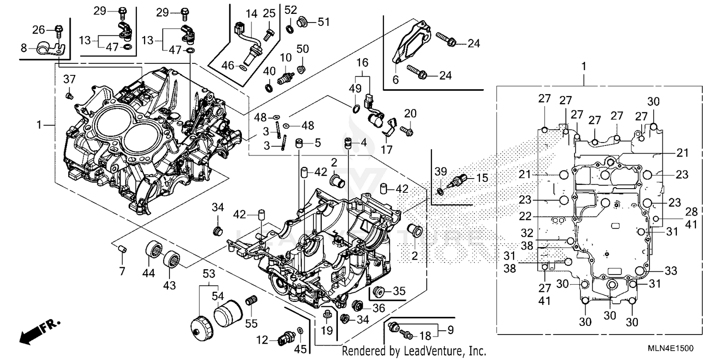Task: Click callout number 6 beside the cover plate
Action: point(396,80)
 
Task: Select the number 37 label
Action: point(70,79)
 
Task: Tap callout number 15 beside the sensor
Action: point(482,178)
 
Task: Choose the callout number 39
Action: point(440,172)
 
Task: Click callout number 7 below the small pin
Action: point(122,271)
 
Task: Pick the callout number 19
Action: point(327,330)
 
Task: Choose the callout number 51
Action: point(324,22)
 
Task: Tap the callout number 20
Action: point(410,113)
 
